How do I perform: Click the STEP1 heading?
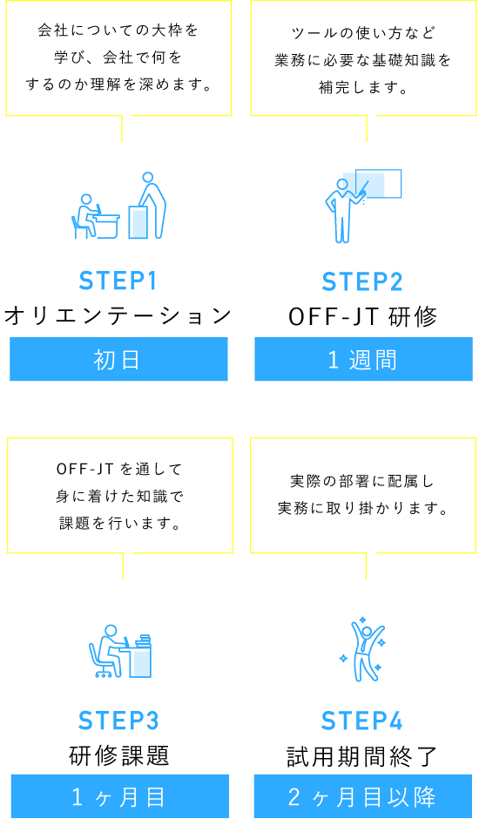(x=118, y=281)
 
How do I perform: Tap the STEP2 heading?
(x=362, y=282)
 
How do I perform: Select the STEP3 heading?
(x=118, y=721)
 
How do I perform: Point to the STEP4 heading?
(x=362, y=721)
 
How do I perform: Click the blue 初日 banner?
(x=118, y=359)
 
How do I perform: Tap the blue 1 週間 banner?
(x=363, y=359)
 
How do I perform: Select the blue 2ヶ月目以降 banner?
(x=363, y=796)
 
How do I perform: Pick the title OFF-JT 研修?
(x=363, y=316)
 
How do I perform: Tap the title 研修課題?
(x=119, y=755)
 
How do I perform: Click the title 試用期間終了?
(x=362, y=755)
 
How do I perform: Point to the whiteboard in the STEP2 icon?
(x=378, y=184)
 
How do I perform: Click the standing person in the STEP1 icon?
(x=152, y=205)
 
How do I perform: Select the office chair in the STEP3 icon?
(x=99, y=660)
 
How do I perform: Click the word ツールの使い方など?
(x=363, y=33)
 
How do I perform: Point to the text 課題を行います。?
(x=120, y=524)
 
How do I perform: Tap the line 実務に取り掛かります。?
(x=363, y=508)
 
